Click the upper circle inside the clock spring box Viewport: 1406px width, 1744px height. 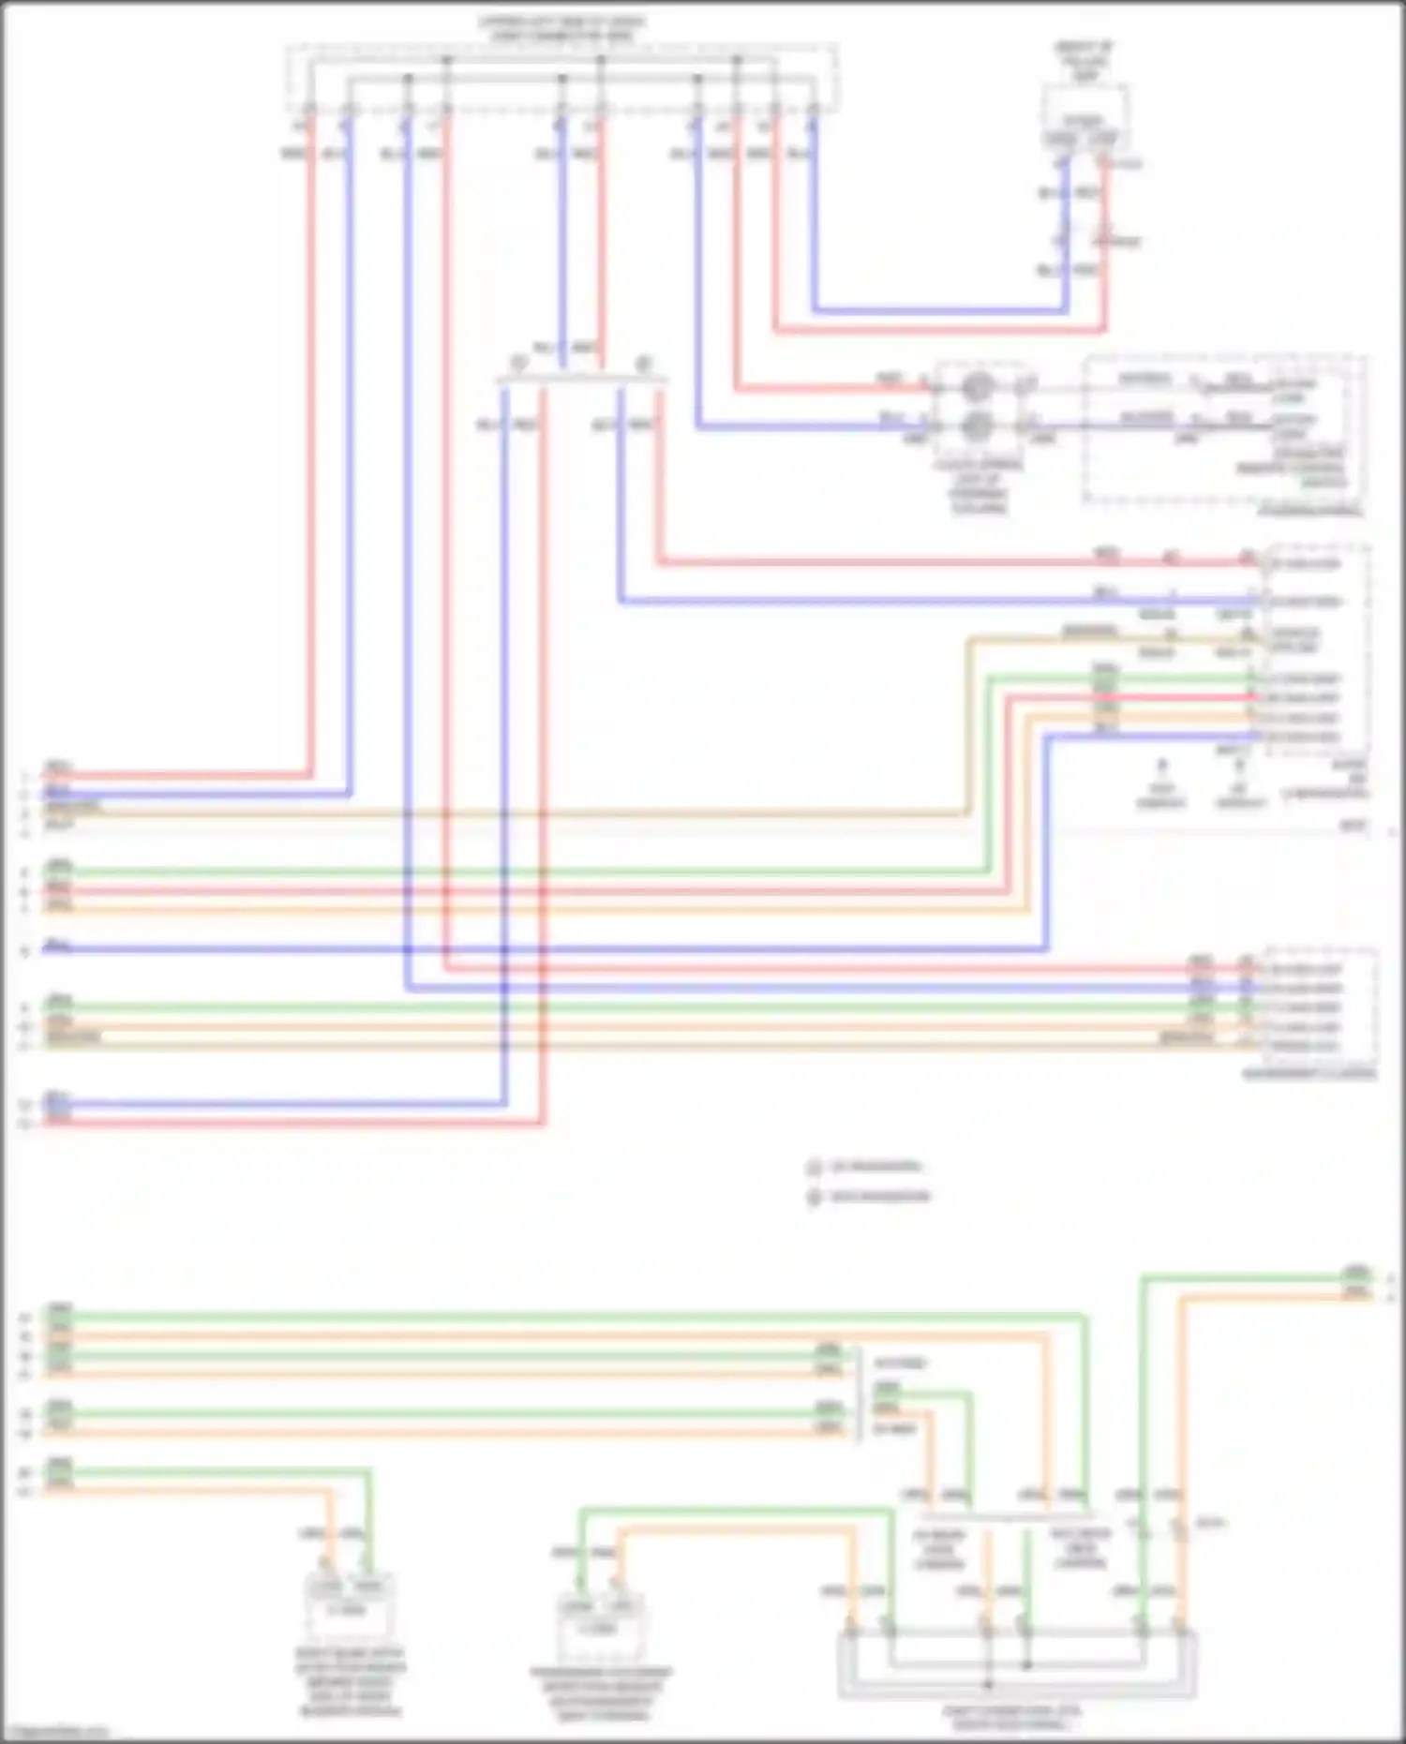pos(977,385)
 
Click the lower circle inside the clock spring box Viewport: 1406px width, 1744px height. pos(977,426)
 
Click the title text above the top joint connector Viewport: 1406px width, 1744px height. pos(561,28)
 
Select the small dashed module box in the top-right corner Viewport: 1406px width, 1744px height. pos(1084,117)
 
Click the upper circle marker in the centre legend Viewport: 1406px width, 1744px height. pos(814,1168)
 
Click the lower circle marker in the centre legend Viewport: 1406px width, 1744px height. pos(814,1197)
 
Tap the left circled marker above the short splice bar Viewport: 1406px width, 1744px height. pos(517,363)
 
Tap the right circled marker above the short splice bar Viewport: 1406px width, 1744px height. pos(644,363)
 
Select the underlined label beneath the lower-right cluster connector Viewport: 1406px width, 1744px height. pos(1309,1074)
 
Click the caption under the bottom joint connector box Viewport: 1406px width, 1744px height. pos(1012,1717)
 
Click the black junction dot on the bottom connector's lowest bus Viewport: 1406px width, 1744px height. pos(987,1684)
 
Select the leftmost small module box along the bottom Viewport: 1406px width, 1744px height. pos(350,1604)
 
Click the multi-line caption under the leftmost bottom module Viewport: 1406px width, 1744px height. pos(351,1682)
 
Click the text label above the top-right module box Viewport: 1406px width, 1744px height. pos(1084,60)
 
